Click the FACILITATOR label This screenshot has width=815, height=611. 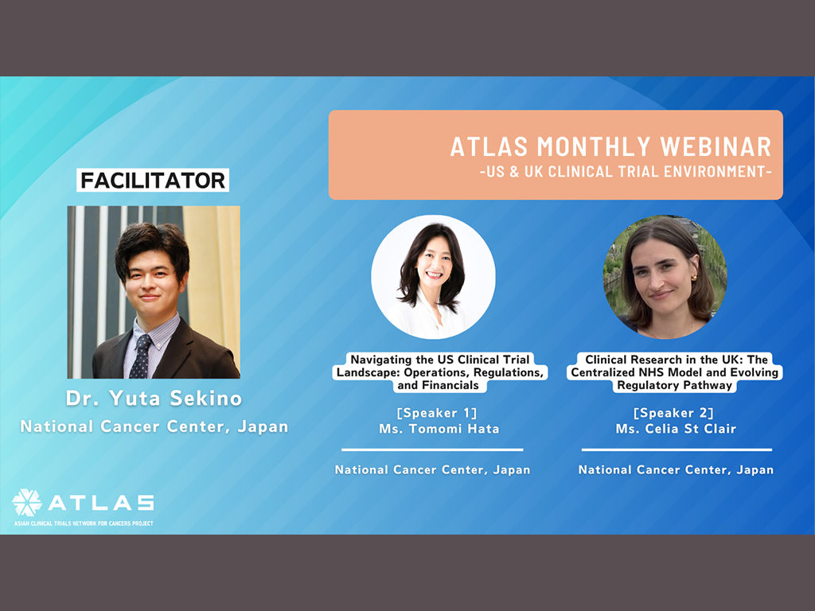coord(153,181)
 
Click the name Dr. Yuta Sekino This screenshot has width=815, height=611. coord(154,399)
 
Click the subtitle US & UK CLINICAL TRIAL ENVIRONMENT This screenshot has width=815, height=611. coord(626,172)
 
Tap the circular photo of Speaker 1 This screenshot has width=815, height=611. coord(433,277)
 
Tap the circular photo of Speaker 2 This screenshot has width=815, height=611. coord(665,277)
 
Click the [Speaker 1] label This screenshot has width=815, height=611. coord(437,413)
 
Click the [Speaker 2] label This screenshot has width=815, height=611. coord(673,413)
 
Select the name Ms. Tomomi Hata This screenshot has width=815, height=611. coord(439,429)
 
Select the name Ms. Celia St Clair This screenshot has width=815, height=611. coord(677,429)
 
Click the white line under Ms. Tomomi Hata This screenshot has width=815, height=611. coord(432,449)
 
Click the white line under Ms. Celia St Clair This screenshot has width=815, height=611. coord(677,449)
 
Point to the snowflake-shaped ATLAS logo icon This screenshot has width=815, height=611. coord(27,503)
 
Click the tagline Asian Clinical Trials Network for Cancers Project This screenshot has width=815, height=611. coord(84,523)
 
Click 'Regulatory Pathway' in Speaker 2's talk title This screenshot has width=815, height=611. coord(675,386)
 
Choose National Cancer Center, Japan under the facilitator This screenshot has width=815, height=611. coord(154,426)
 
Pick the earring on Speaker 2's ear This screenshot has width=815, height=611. coord(694,278)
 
